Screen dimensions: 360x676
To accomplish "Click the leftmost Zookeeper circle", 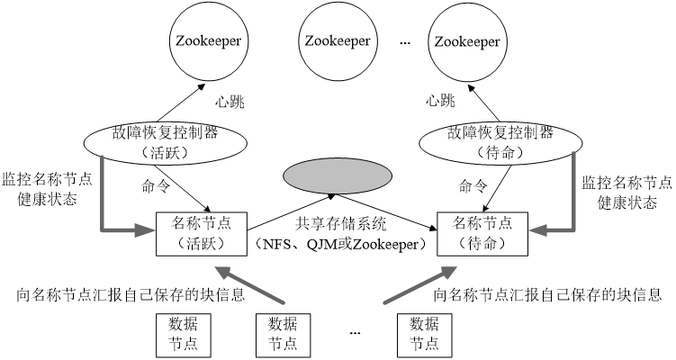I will coord(210,41).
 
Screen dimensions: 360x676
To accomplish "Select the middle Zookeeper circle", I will coord(338,41).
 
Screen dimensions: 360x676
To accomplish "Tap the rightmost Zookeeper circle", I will coord(466,41).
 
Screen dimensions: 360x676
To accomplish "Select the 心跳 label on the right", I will coord(441,101).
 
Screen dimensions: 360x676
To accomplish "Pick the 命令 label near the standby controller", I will coord(473,187).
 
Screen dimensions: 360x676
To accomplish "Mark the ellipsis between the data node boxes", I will coord(355,333).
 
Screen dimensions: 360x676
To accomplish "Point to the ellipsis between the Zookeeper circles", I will coord(403,43).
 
